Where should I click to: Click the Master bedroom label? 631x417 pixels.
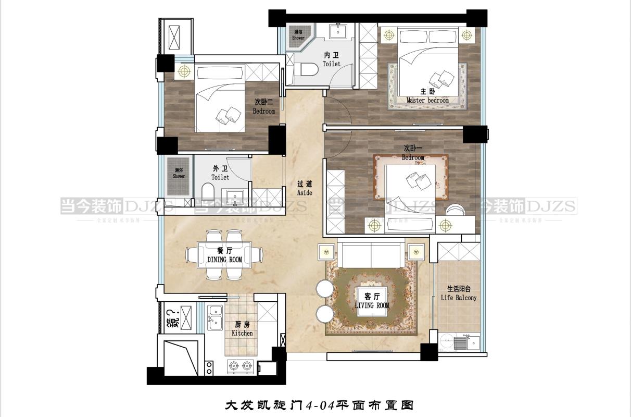(427, 101)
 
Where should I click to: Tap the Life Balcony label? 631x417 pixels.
(458, 298)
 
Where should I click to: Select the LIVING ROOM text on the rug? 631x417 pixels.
(372, 305)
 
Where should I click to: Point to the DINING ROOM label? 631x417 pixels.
(224, 259)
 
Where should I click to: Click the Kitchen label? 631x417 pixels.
(242, 333)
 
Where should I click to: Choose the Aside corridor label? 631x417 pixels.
(305, 192)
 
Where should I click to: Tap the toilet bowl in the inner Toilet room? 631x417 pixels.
(311, 69)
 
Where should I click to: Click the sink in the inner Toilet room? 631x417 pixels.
(339, 31)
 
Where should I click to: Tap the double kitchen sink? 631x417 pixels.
(214, 316)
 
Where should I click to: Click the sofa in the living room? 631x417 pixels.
(371, 254)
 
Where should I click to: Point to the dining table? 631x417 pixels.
(225, 255)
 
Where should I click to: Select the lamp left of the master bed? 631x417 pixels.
(388, 35)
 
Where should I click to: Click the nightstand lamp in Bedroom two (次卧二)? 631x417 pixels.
(183, 70)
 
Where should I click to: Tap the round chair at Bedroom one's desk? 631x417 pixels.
(456, 209)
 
